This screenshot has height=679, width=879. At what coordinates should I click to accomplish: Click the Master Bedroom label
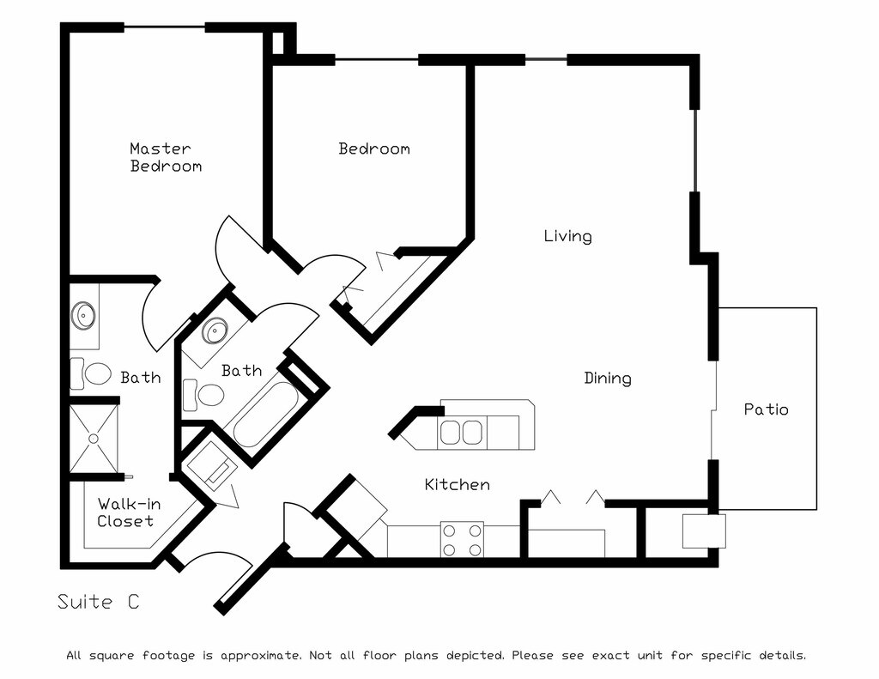166,157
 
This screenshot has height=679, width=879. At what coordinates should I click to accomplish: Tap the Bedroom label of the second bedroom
373,149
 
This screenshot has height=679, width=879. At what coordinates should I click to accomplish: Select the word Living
567,235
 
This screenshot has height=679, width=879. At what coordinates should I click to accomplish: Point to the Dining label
608,378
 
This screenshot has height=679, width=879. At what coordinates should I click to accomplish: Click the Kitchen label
457,485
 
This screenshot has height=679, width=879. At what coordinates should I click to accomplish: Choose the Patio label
766,409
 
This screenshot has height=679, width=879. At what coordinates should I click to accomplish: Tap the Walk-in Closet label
125,512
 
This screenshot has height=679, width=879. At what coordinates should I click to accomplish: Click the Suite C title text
98,602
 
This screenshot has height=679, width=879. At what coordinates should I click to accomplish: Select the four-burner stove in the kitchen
462,539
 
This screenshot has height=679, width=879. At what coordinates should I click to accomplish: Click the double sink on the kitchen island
462,431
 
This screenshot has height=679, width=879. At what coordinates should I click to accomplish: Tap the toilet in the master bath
96,373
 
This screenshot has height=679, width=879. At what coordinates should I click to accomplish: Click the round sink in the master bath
83,315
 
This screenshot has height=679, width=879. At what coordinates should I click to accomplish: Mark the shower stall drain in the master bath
94,438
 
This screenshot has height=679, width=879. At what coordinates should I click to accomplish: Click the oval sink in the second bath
215,330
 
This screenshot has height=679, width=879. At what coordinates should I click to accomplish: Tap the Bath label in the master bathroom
140,377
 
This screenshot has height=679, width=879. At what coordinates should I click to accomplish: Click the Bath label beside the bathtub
241,371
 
